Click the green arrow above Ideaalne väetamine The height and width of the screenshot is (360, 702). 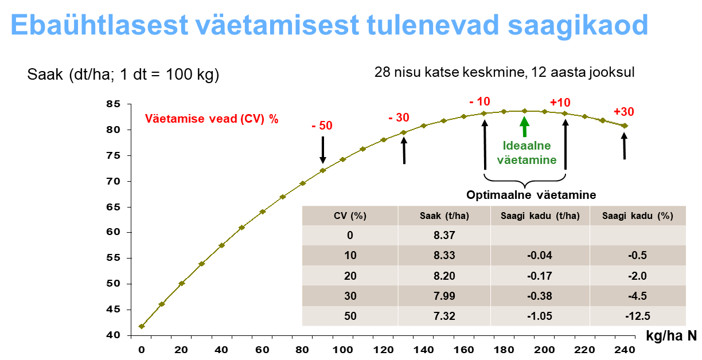pyautogui.click(x=524, y=126)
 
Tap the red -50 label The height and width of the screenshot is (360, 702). pyautogui.click(x=323, y=126)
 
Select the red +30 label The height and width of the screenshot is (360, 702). pyautogui.click(x=623, y=112)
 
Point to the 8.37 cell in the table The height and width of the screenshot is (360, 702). pyautogui.click(x=444, y=235)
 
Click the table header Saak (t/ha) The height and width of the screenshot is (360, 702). pyautogui.click(x=444, y=216)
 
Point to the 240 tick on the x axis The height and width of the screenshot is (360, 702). pyautogui.click(x=624, y=349)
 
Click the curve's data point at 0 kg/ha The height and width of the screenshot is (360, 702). pyautogui.click(x=142, y=326)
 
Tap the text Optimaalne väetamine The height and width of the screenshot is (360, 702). pyautogui.click(x=531, y=195)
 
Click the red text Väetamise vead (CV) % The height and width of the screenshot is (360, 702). pyautogui.click(x=212, y=119)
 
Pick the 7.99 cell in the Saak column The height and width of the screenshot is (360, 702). pyautogui.click(x=444, y=296)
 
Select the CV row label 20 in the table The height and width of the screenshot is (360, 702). pyautogui.click(x=350, y=276)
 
